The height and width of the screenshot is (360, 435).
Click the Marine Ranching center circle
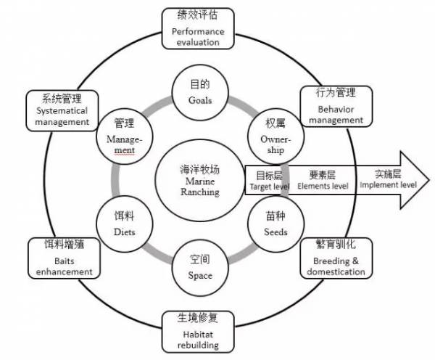pos(199,181)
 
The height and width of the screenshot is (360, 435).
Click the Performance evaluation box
pos(198,28)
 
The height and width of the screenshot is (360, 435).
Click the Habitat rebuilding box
pos(197,330)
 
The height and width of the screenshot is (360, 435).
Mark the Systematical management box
pos(62,110)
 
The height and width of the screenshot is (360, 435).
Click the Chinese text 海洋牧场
pos(199,168)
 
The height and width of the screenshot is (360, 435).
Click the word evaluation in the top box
pos(198,42)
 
